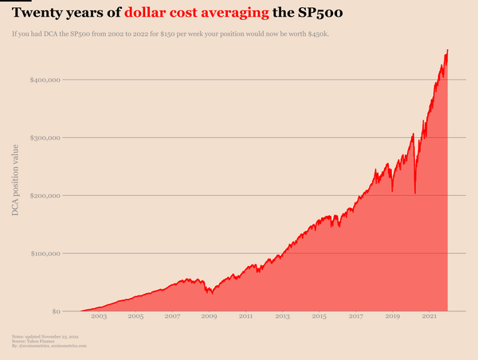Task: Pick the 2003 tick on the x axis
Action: click(99, 317)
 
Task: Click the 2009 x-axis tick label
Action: click(209, 317)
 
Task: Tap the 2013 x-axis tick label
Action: click(282, 317)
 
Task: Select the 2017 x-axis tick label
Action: click(355, 317)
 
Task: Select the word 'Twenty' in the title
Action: click(37, 14)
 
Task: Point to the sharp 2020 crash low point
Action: click(415, 193)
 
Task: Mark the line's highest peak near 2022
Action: click(448, 50)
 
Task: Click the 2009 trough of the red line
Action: click(211, 293)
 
